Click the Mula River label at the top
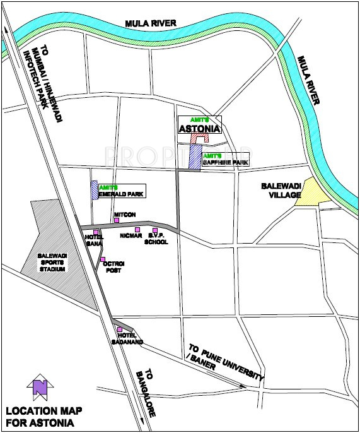[x=151, y=23]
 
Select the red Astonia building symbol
[x=200, y=139]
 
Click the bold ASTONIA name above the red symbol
[x=199, y=129]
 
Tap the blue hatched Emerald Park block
[x=95, y=191]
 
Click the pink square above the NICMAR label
[x=137, y=230]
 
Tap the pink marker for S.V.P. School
[x=155, y=230]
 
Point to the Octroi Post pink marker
[x=102, y=259]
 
